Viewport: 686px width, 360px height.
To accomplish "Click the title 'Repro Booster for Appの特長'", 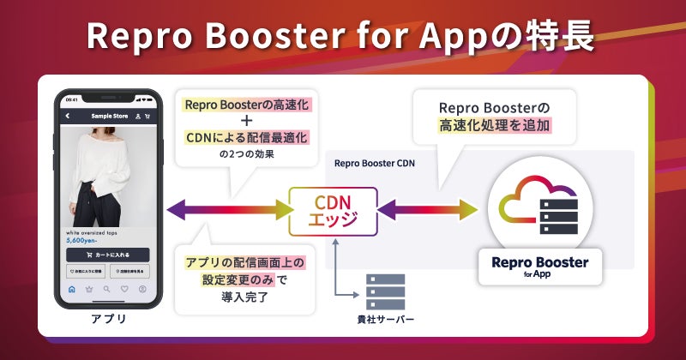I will coord(343,38).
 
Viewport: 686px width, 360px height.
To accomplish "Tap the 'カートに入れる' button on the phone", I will coord(108,255).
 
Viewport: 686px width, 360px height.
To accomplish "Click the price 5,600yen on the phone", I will coord(84,241).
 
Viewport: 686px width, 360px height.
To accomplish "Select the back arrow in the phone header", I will coord(68,116).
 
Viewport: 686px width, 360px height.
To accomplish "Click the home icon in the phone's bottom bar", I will coord(71,289).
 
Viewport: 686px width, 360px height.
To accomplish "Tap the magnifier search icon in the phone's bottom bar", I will coord(107,289).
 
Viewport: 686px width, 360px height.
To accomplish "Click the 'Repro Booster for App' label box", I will coord(539,267).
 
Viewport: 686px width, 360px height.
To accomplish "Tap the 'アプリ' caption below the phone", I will coord(108,320).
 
